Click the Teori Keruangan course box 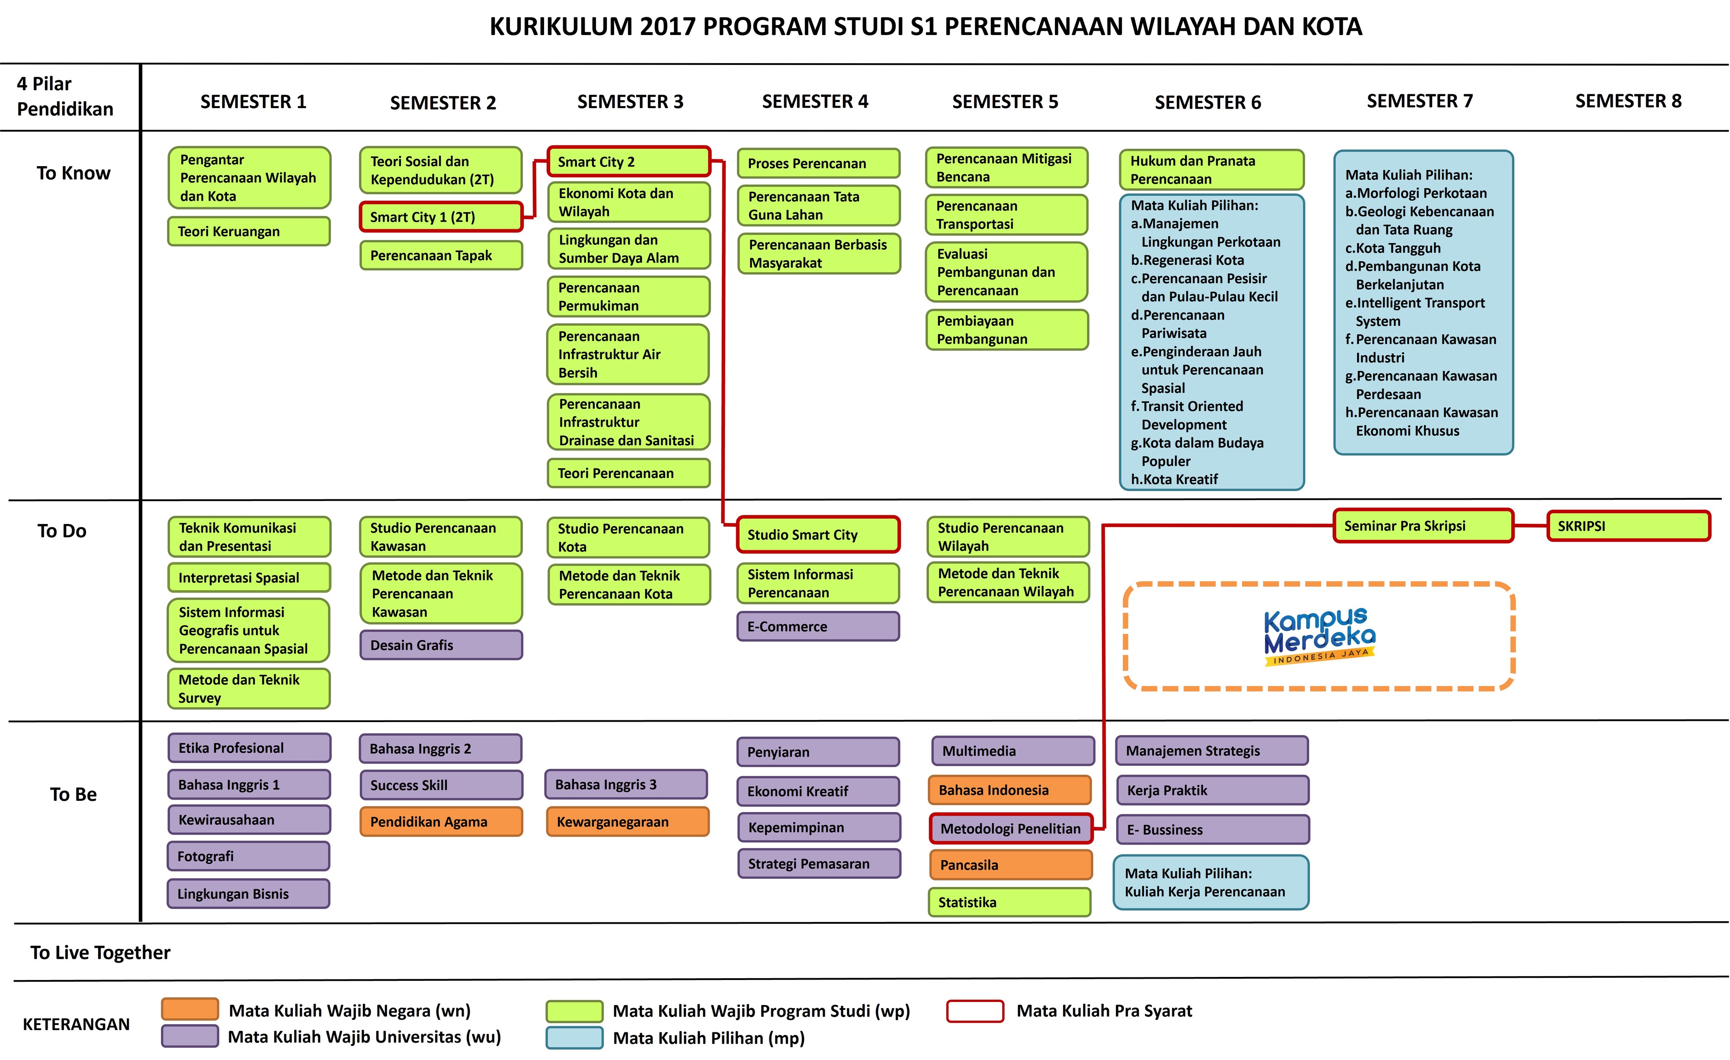point(249,231)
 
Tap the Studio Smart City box point(818,535)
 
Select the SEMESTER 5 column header point(1005,102)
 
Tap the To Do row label point(62,531)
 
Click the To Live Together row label point(100,953)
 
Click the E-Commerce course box point(818,626)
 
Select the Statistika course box point(1009,903)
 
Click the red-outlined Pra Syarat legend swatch point(974,1011)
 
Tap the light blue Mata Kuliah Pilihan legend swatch point(574,1038)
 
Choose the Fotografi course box point(249,856)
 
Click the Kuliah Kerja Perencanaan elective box point(1211,882)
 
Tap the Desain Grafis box point(441,645)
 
